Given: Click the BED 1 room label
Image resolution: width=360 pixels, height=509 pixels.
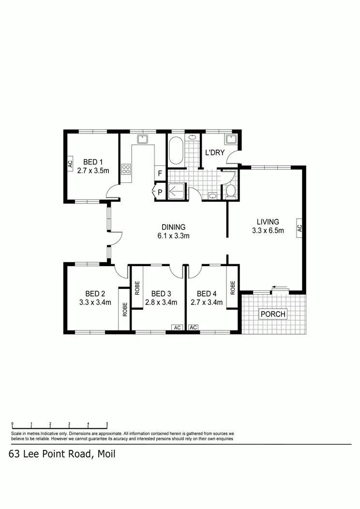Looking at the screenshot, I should tap(93, 162).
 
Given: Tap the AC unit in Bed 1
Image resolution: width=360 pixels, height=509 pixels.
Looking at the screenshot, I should tap(70, 164).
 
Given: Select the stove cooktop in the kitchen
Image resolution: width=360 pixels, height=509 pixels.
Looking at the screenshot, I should tap(126, 169).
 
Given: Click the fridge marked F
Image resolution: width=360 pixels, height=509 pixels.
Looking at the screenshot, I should tap(159, 173).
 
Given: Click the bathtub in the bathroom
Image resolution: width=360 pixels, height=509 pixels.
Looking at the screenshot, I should tap(175, 150).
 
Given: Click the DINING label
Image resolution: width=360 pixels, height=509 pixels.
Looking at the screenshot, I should tap(173, 227).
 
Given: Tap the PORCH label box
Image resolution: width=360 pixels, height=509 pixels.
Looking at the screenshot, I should tap(273, 314).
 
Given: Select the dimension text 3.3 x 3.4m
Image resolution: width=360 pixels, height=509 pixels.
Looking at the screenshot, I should tap(95, 303).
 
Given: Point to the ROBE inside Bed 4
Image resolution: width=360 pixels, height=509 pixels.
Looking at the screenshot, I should tap(233, 288).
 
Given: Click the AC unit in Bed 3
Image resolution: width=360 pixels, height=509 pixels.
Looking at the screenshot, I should tap(177, 328).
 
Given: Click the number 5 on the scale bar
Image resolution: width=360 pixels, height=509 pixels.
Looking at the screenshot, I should tap(107, 423).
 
